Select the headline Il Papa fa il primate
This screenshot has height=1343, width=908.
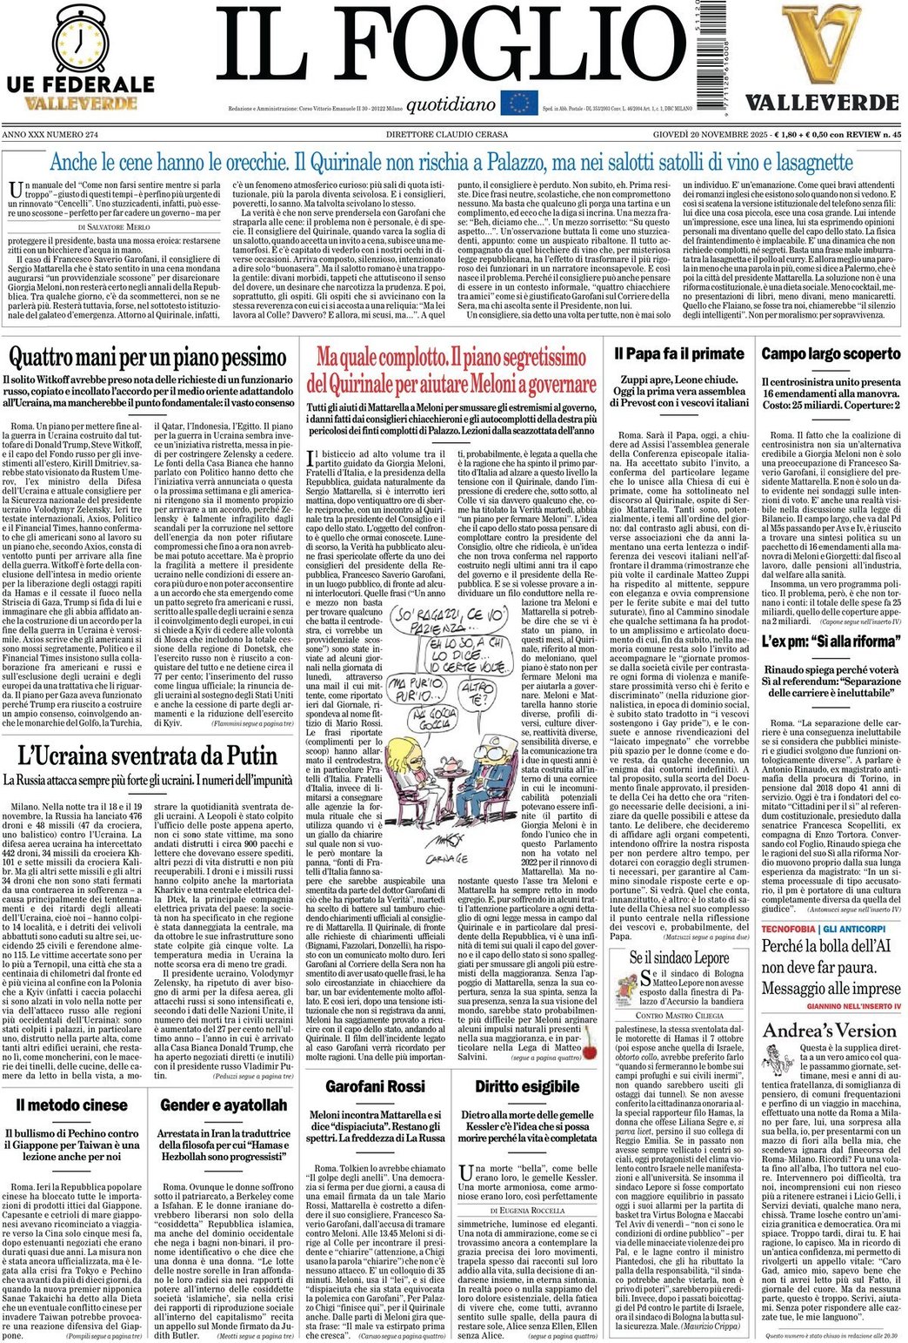click(x=679, y=354)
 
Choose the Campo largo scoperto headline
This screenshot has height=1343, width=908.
click(x=831, y=354)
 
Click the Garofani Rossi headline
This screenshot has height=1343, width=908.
click(x=375, y=1086)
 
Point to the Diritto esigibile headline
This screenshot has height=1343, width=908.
click(x=527, y=1086)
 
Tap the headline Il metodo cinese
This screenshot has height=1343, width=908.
click(x=72, y=1105)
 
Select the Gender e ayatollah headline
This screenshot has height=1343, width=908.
click(x=224, y=1105)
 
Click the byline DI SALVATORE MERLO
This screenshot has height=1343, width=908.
click(x=113, y=226)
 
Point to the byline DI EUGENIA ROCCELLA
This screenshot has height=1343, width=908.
click(x=527, y=1211)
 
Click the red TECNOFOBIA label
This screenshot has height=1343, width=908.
click(x=789, y=930)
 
